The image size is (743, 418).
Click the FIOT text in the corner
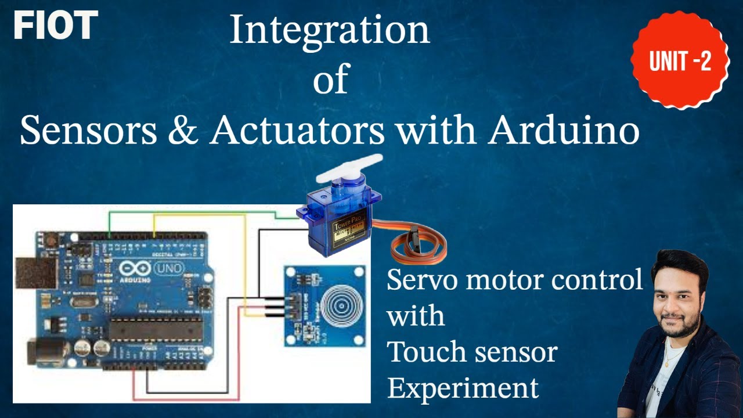pos(55,26)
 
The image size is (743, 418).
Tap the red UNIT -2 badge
pos(680,60)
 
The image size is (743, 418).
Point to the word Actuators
pos(297,131)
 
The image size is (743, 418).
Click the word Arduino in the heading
pos(563,131)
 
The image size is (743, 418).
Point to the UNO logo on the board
pos(169,268)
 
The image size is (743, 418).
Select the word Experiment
pos(463,387)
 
